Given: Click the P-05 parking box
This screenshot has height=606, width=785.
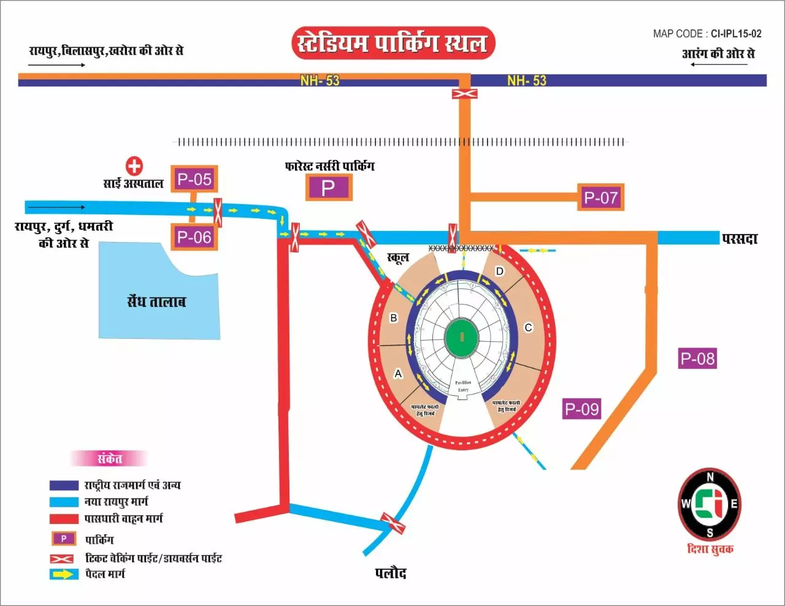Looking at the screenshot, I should (x=194, y=180).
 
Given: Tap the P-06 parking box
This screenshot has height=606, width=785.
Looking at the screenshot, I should (x=194, y=237).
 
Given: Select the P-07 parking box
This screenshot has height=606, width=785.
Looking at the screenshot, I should (x=600, y=197).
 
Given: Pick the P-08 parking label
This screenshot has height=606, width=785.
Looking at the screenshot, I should (x=697, y=358).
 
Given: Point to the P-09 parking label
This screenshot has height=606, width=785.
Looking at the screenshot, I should (x=581, y=409).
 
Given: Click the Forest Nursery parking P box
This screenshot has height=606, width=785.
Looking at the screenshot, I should (x=329, y=187).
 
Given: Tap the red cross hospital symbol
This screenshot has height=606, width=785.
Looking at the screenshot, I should (x=134, y=166).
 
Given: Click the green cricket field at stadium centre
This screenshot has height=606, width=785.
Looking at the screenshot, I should (x=462, y=336).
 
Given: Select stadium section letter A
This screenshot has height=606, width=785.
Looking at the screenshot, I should (x=398, y=374).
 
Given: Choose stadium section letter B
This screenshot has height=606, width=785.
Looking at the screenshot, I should (x=394, y=318).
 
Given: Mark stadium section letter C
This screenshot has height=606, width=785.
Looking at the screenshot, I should (x=528, y=328).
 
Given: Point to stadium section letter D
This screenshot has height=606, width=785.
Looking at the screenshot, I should (x=500, y=271).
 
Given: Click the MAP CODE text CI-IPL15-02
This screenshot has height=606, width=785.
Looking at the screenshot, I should (x=736, y=34).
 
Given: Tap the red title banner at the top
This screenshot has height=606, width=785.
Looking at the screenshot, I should (x=392, y=43).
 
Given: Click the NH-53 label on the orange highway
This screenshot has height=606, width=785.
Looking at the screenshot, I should (x=320, y=80).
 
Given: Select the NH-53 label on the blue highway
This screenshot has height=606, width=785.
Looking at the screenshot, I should (x=526, y=80).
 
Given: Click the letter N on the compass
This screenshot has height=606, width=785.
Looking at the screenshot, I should (x=710, y=477).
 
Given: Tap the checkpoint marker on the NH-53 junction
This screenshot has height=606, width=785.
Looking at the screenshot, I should (x=464, y=94).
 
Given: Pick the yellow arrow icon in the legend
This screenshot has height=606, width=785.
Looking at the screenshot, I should (x=64, y=574).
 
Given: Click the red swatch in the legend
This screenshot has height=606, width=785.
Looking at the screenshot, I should (x=64, y=519).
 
